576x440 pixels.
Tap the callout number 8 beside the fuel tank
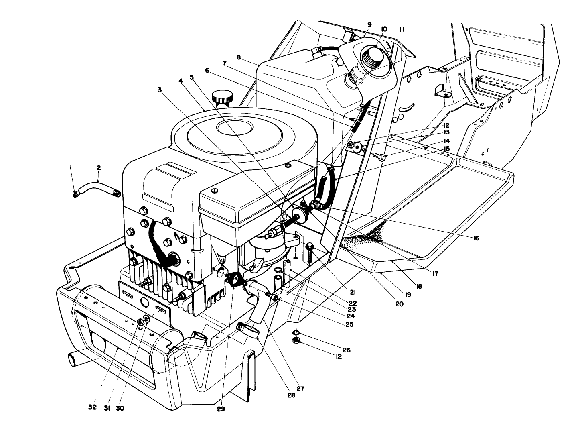click(239, 57)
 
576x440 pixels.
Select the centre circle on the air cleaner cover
click(235, 128)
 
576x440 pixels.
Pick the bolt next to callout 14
click(379, 157)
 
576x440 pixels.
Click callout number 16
click(476, 238)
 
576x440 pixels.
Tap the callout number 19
click(408, 295)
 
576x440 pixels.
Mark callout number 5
click(192, 77)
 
